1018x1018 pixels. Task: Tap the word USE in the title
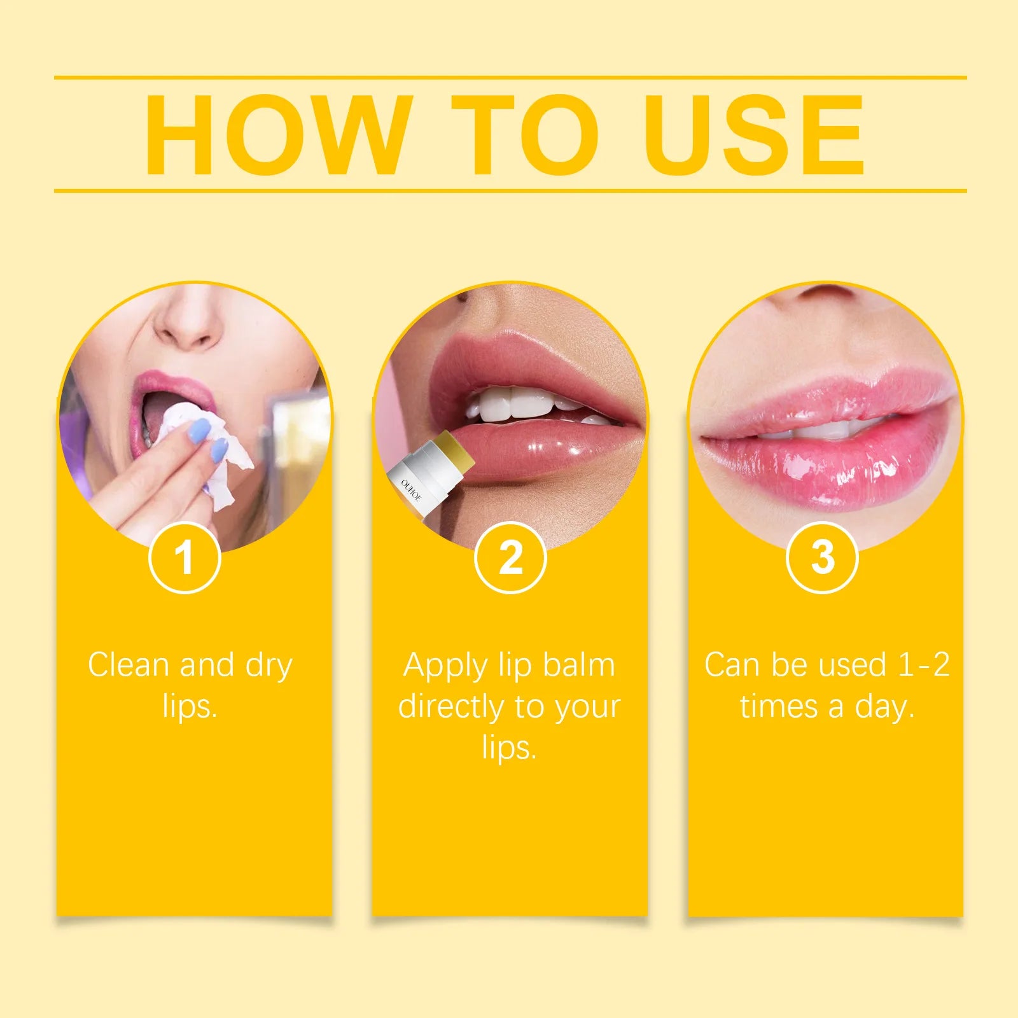(x=754, y=134)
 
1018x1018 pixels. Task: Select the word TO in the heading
(x=525, y=134)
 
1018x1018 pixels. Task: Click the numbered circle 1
(x=185, y=557)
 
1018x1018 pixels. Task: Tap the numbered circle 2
(x=510, y=557)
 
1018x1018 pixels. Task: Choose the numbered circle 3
(x=823, y=557)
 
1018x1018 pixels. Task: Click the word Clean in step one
(x=128, y=665)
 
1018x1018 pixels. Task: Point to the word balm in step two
(x=579, y=665)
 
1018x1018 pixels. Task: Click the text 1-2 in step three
(x=923, y=665)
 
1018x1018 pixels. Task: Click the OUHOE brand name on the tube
(x=411, y=490)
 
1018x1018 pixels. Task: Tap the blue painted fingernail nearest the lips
(x=198, y=435)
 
